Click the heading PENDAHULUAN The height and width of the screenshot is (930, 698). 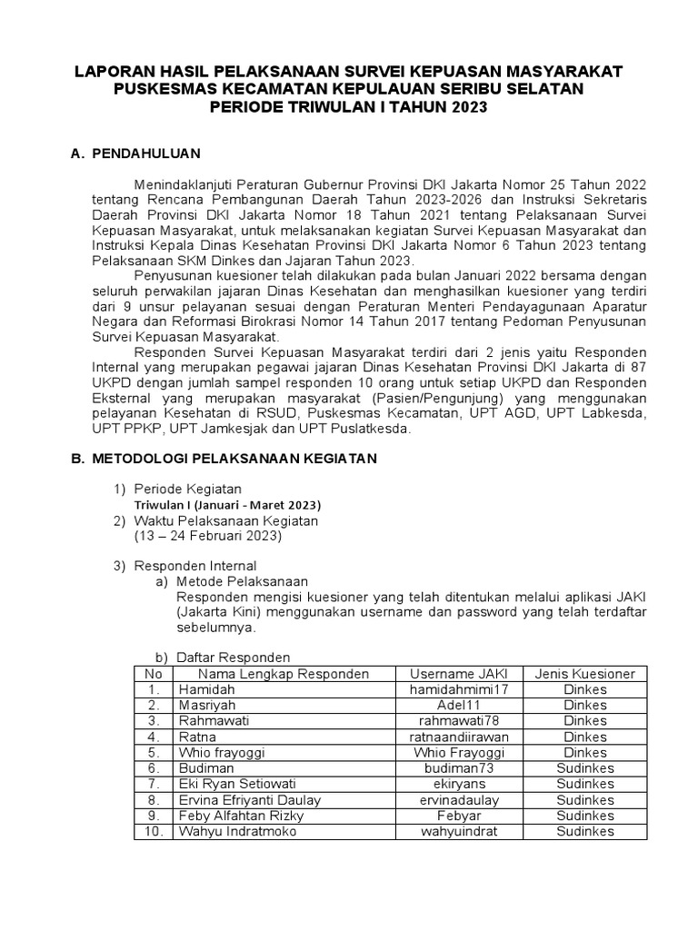point(146,154)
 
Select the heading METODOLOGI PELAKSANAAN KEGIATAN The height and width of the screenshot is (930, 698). point(234,460)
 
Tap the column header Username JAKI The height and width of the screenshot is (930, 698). point(458,674)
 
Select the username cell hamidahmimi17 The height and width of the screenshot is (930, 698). point(458,689)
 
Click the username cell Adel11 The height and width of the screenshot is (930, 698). point(458,705)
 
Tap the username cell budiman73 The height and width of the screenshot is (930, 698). point(458,768)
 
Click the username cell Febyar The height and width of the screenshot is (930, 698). point(458,816)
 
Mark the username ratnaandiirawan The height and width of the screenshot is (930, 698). point(458,737)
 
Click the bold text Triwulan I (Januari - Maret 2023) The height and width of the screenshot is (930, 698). point(227,504)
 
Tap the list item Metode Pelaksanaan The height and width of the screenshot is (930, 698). point(242,581)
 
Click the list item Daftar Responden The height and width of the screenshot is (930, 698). point(233,658)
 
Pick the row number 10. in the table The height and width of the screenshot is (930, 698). point(153,831)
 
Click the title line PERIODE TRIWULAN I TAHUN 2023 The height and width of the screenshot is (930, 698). point(349,107)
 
